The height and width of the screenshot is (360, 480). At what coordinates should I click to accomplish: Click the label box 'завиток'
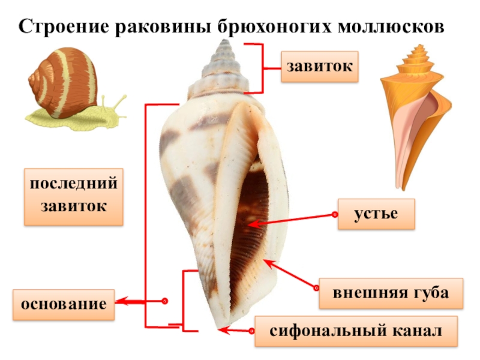click(320, 67)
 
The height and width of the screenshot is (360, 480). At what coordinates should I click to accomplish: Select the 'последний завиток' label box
click(74, 196)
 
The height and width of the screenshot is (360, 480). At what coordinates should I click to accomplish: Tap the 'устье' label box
click(376, 214)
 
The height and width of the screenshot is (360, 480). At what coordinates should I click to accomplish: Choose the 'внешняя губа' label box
click(391, 293)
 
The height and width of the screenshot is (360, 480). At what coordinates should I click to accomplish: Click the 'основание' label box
click(64, 304)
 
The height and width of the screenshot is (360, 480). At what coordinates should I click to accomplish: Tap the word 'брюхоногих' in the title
click(278, 27)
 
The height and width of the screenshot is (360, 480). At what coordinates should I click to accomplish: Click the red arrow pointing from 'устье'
click(288, 220)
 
